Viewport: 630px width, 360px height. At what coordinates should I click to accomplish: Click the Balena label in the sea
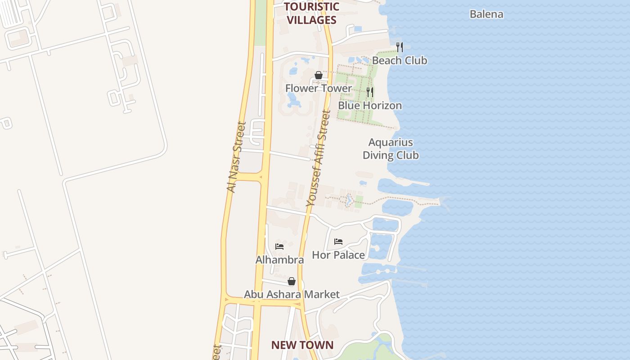486,14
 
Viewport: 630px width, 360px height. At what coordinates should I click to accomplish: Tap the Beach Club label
400,60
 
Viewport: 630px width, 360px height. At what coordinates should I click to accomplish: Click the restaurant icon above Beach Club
399,47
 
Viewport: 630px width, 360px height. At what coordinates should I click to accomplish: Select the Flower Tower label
318,88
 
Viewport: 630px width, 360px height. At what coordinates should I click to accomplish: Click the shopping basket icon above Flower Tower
318,75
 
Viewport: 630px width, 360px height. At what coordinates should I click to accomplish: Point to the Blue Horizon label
370,105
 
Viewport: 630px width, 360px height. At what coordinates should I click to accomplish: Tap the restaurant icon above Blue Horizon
370,92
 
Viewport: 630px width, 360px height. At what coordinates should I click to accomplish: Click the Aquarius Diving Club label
391,149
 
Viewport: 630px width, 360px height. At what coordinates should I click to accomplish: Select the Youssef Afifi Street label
318,158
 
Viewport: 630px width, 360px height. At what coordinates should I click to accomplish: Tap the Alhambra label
279,260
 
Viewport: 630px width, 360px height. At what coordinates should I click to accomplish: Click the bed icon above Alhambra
279,247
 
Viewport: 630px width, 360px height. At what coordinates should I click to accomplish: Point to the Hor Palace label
338,255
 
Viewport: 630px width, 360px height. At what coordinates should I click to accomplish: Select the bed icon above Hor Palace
338,242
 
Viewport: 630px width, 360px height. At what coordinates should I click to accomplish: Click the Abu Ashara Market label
292,294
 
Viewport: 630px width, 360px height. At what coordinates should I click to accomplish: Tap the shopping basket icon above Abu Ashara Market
292,281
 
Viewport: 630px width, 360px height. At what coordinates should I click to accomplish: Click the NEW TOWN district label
302,345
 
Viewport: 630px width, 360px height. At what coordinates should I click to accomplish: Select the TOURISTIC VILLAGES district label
311,13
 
